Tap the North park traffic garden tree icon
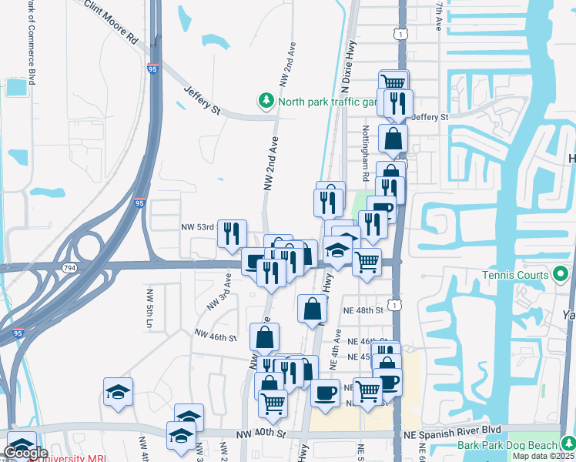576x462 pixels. pos(266,101)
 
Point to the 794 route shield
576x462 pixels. pos(70,267)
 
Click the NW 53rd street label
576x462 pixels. pos(197,227)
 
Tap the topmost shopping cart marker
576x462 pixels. pos(393,81)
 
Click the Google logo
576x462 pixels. pos(25,453)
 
